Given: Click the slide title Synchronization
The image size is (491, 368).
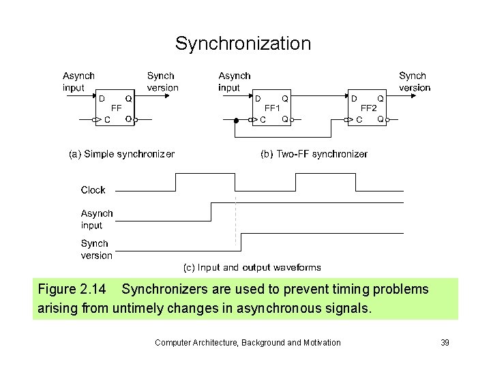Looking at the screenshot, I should pos(243,44).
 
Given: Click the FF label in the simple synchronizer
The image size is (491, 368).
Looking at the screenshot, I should pos(117,108).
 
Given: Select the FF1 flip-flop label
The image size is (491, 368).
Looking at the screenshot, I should pos(272,108).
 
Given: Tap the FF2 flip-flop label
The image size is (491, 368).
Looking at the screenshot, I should pos(368,108).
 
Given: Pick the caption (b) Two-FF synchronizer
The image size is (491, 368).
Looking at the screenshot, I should pos(314,154).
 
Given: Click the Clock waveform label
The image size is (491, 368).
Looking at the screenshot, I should pos(93,190).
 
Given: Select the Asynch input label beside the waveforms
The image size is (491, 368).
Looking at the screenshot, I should pos(97,219).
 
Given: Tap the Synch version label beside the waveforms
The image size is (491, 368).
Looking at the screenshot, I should pos(97,249).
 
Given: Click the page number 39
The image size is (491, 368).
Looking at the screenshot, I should pos(445,342).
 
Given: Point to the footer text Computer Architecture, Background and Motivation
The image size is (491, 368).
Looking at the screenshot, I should pos(248,342).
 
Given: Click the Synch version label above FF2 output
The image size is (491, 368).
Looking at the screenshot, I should pos(415,82).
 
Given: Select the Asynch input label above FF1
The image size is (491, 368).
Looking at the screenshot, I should pos(235,82).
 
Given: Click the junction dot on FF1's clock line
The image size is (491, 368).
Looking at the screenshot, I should pos(236,120).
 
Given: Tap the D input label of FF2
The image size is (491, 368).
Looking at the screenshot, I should pos(353,99).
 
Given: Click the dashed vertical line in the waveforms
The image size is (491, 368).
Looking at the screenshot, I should pos(236,221).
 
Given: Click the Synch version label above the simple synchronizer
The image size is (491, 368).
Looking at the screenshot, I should pos(162,82).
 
